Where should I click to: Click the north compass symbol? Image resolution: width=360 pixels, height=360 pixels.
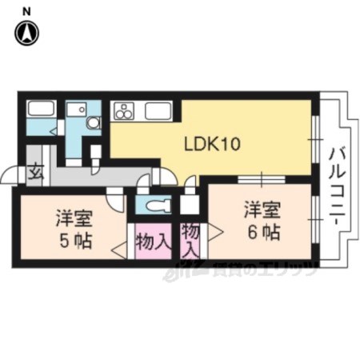coord(26,33)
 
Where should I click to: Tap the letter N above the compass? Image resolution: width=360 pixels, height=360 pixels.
coord(26,11)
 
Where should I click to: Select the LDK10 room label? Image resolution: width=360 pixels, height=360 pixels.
coord(213,144)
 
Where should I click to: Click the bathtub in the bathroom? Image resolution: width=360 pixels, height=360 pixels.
coord(42,109)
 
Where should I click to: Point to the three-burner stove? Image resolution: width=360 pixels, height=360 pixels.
coord(124,110)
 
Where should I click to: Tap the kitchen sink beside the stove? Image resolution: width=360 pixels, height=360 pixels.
coord(158,110)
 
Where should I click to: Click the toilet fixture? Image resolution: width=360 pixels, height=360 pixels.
coord(158,206)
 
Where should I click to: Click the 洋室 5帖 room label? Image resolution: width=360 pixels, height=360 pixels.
coord(74,230)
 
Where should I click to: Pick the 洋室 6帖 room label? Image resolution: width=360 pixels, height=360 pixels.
coord(262,221)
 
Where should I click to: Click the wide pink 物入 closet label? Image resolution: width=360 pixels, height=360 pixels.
coord(153,242)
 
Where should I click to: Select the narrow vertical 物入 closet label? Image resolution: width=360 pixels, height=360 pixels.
coord(190,239)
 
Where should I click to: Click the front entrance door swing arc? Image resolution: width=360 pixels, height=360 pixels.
coord(7,174)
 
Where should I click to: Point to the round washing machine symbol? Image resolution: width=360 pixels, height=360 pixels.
coord(94,123)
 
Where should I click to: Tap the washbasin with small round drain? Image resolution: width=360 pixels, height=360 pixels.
coord(77,109)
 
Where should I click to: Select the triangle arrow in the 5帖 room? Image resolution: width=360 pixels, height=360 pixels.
coord(119,250)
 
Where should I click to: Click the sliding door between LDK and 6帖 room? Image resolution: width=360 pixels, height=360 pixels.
coord(262,180)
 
